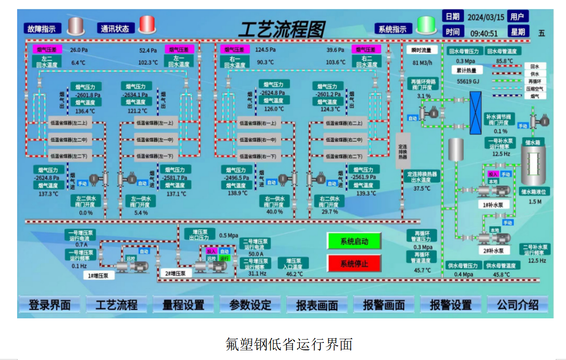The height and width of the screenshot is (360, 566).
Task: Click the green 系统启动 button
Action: point(354,241)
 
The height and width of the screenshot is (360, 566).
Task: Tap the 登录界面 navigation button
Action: point(50,305)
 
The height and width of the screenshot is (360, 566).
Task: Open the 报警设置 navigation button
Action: point(450,305)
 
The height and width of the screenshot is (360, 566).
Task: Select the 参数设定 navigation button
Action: point(250,305)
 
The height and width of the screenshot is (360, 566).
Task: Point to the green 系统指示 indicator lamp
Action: point(426,25)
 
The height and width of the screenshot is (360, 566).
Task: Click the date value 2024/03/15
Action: point(485,17)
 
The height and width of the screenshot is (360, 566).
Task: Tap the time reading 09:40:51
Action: point(484,33)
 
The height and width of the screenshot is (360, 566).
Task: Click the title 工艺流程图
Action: point(281,30)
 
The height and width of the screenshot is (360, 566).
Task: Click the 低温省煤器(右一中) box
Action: point(258,139)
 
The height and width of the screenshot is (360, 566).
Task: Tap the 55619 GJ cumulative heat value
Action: point(468,81)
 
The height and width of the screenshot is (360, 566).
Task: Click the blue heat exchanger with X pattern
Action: point(475,112)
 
